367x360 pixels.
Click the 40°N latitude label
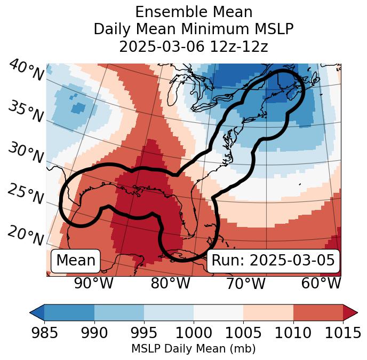pos(26,71)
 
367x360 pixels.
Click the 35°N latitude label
pos(26,112)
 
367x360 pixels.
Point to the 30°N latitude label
pos(26,153)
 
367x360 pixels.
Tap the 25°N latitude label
pos(26,194)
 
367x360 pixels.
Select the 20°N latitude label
pos(26,235)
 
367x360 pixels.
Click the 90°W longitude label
pos(93,283)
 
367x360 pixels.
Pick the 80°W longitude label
pos(170,283)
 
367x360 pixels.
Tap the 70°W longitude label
pos(245,283)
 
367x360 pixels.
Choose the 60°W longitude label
pos(321,283)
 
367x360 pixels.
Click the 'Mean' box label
pos(76,261)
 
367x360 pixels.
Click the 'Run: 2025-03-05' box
pos(273,261)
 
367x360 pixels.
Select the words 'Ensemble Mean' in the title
pos(194,12)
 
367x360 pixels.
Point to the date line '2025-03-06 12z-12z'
pos(194,46)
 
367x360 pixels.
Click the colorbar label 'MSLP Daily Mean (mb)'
pos(193,349)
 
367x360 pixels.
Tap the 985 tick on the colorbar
pos(44,333)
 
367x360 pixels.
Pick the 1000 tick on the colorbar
pos(194,333)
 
